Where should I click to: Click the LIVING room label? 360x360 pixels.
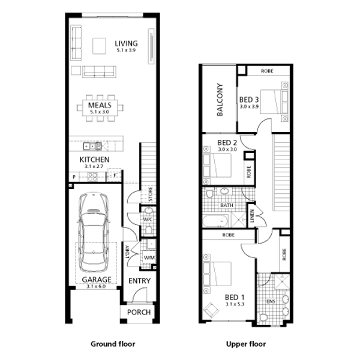[126, 43]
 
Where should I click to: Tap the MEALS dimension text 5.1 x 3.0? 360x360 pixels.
[100, 112]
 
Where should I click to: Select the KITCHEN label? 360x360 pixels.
[94, 160]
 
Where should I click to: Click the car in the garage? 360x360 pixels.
[94, 232]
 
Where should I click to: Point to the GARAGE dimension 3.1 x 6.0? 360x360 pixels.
[96, 286]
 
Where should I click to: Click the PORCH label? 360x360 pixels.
[139, 312]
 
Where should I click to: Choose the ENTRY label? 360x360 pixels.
[140, 281]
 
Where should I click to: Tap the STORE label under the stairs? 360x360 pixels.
[151, 194]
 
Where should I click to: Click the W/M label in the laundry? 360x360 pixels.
[149, 258]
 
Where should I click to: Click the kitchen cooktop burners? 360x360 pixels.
[92, 177]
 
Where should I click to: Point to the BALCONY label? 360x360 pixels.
[220, 100]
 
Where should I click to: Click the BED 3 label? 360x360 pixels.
[249, 100]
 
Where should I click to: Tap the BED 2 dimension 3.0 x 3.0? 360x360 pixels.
[227, 149]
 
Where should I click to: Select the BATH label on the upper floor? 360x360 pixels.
[227, 205]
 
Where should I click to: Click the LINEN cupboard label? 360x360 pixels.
[252, 216]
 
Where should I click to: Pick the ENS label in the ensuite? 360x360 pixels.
[271, 301]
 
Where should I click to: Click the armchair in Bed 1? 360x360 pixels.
[211, 310]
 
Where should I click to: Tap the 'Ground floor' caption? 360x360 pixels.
[113, 344]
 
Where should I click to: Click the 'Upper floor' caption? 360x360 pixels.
[246, 344]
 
